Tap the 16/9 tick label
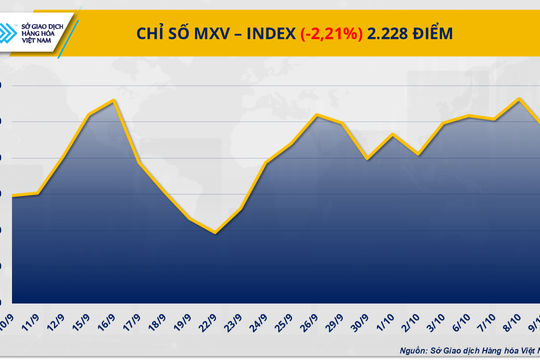pos(111,325)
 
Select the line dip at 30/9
pos(368,158)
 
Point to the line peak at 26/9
pos(317,115)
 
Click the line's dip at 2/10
pos(418,154)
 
